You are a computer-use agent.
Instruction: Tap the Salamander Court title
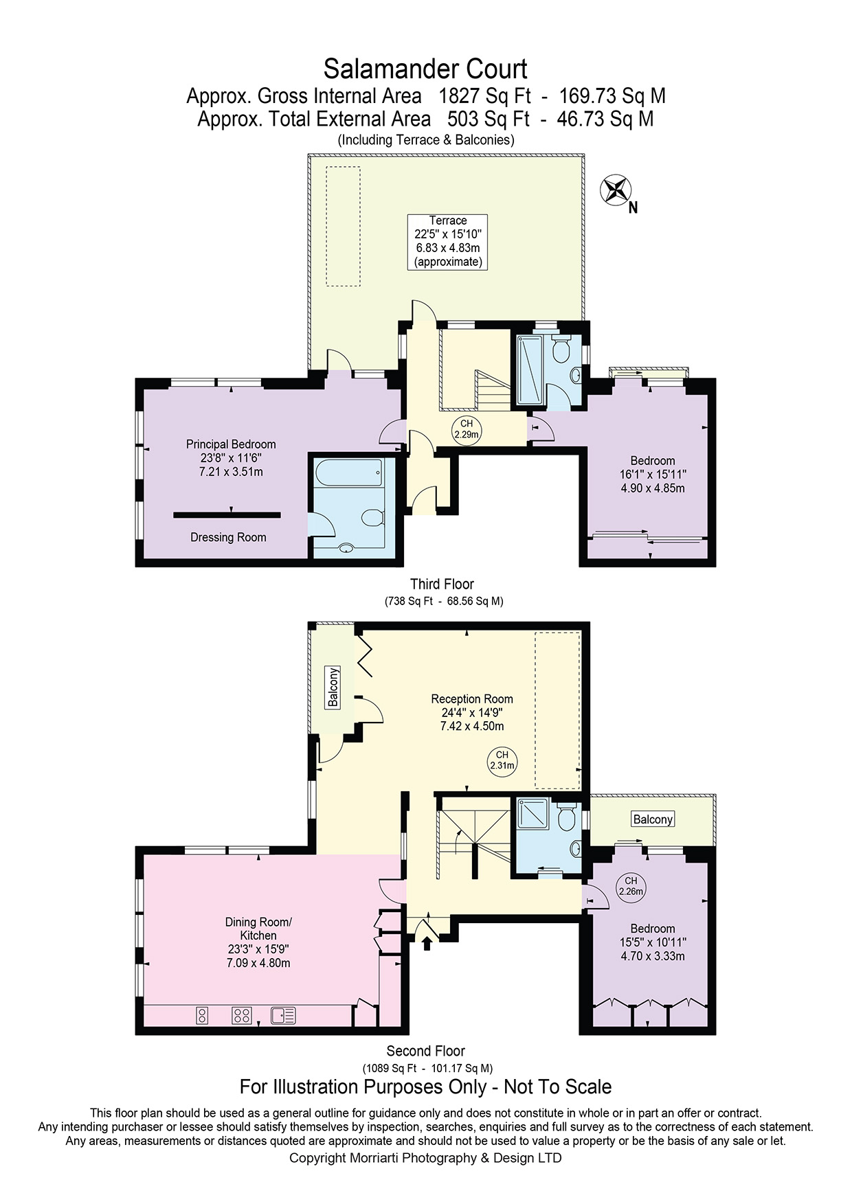425,69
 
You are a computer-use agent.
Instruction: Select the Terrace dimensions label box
447,241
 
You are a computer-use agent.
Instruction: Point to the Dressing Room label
228,537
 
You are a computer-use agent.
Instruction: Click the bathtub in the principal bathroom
348,473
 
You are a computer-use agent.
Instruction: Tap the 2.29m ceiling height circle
467,429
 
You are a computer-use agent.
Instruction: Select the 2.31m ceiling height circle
502,760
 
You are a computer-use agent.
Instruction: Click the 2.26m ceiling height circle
631,887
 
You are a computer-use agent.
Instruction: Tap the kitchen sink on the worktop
283,1014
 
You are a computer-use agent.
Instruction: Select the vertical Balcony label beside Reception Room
333,688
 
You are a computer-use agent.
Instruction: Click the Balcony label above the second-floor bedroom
653,819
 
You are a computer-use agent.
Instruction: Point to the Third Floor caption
442,584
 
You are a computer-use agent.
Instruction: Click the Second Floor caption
426,1052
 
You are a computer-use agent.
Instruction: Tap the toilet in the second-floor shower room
566,817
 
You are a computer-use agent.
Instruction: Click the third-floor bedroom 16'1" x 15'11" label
653,475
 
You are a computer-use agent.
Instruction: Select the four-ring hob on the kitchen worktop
241,1015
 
